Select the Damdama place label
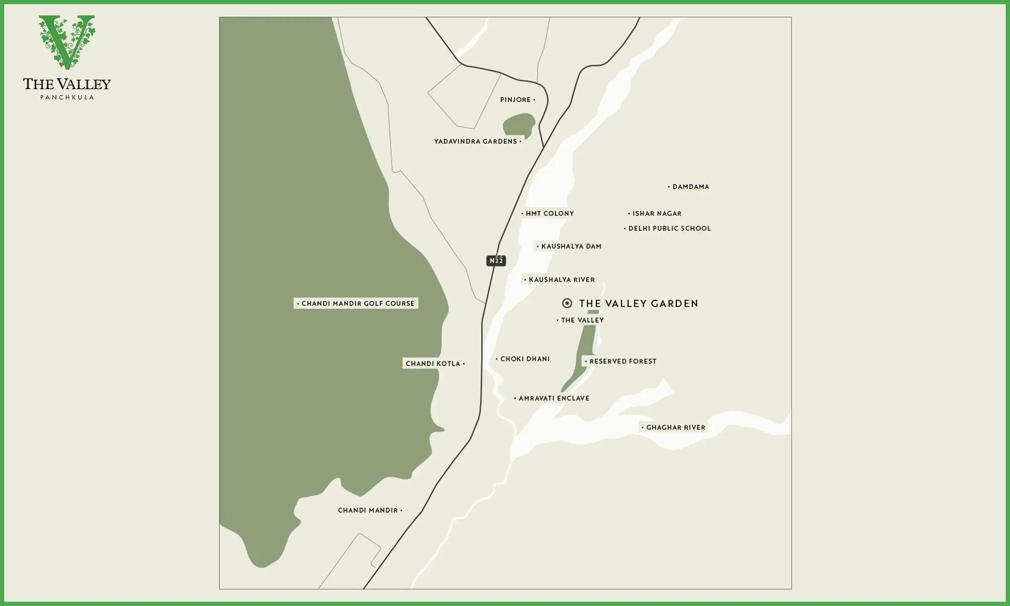click(x=690, y=187)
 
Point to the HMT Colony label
click(x=549, y=214)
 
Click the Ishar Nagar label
click(x=656, y=214)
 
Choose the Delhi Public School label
click(x=669, y=229)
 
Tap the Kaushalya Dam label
click(x=571, y=247)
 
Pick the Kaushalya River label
click(x=561, y=280)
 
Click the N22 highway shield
click(x=496, y=261)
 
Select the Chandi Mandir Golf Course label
click(x=357, y=303)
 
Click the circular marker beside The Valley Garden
click(x=567, y=303)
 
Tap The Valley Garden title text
click(x=638, y=303)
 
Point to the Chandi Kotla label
click(x=434, y=364)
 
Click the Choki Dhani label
click(x=524, y=359)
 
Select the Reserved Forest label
click(x=622, y=361)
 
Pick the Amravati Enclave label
click(x=553, y=398)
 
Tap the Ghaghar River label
click(x=675, y=428)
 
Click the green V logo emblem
click(x=67, y=41)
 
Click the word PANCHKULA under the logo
click(x=67, y=97)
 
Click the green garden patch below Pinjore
click(x=518, y=125)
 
